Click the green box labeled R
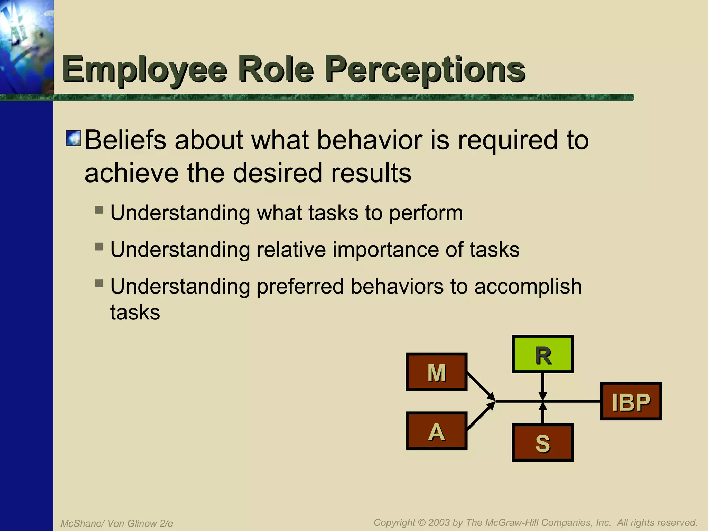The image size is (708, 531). coord(542,354)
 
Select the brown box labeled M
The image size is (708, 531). coord(436,372)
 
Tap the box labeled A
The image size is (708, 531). coord(436,431)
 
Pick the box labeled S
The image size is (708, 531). coord(542,442)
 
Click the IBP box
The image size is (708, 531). coord(631,401)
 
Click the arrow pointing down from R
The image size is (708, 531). coord(543,385)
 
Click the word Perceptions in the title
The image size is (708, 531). coord(425,70)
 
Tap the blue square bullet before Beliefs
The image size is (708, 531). coord(73,138)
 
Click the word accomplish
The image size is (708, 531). coord(528,287)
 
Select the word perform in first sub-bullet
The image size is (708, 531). coord(426,213)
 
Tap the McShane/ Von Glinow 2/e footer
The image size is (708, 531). coord(117,523)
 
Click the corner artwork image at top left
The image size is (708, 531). coord(27,47)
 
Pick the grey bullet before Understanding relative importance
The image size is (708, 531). coord(99,246)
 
